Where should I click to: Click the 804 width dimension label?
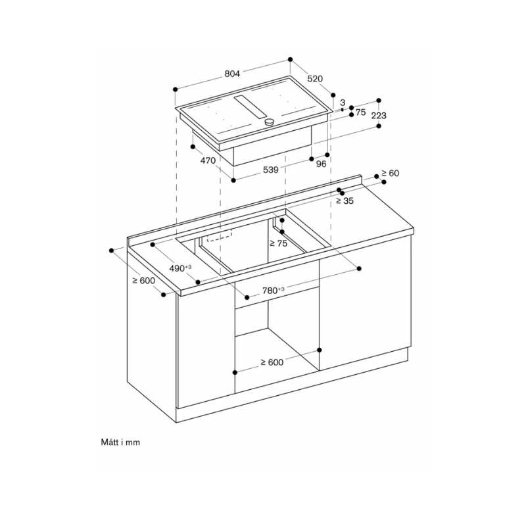click(x=231, y=74)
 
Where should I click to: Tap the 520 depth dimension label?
click(x=316, y=79)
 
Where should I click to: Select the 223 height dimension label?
click(x=379, y=116)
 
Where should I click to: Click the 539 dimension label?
click(x=271, y=170)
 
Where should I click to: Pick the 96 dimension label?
click(x=321, y=164)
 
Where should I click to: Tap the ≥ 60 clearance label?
click(x=389, y=174)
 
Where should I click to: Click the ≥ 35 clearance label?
click(x=345, y=201)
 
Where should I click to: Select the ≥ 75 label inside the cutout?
click(x=279, y=243)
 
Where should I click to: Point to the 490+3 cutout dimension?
click(x=179, y=268)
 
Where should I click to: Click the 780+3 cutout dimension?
click(x=272, y=290)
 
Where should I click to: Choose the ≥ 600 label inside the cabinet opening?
click(x=271, y=362)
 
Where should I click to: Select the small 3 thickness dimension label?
click(x=343, y=103)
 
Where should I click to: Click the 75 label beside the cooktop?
click(x=360, y=112)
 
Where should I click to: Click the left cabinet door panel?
click(x=205, y=355)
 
